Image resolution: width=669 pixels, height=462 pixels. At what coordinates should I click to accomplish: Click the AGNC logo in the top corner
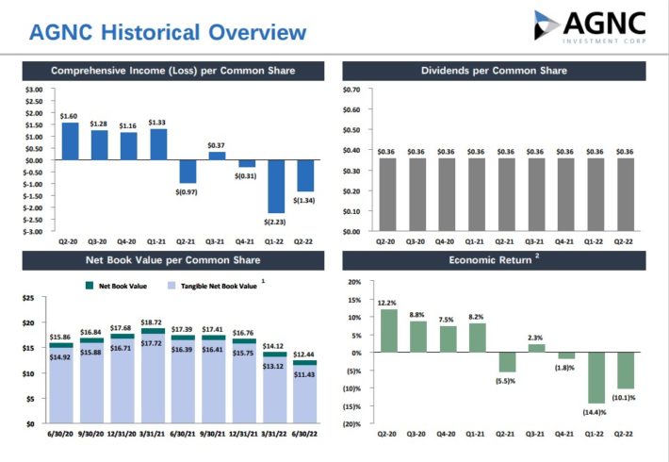pos(592,26)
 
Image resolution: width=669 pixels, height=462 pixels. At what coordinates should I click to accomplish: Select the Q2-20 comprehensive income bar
pos(70,141)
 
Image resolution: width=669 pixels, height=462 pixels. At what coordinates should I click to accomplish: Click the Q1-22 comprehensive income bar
pos(275,186)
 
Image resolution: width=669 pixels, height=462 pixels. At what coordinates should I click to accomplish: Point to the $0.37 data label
pos(216,145)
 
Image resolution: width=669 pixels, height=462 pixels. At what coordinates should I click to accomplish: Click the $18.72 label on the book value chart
pos(152,322)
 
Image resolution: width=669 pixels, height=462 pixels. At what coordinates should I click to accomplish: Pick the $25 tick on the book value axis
pos(28,299)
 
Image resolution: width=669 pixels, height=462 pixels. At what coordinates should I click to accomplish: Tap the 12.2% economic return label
pos(385,303)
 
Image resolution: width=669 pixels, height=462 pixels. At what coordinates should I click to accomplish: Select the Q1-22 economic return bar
pos(596,378)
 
